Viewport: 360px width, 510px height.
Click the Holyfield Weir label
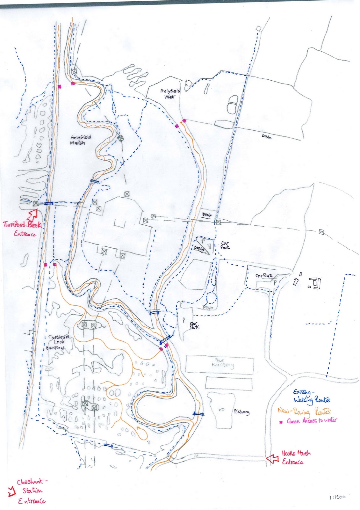(x=170, y=94)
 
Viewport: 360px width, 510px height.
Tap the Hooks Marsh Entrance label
(x=296, y=457)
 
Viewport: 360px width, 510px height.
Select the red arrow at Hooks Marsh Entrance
(x=272, y=459)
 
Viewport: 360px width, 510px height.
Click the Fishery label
(x=241, y=412)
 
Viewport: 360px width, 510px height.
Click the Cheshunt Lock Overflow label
(x=58, y=342)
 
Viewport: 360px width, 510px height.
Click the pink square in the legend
(x=281, y=422)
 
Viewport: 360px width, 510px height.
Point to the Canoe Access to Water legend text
(x=311, y=421)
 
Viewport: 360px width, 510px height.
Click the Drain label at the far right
(x=267, y=137)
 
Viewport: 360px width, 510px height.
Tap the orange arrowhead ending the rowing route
(x=138, y=427)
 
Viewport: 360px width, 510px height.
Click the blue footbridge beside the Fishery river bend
(x=198, y=414)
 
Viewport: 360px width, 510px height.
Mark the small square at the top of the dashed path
(x=258, y=29)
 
